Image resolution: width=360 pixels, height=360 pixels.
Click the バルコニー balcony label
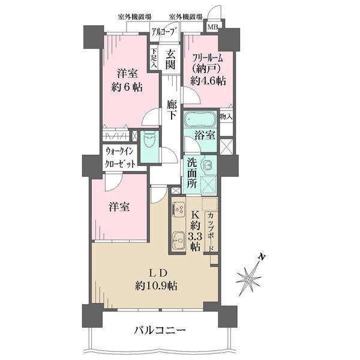159,330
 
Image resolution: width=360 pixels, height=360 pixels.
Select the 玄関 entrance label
170,60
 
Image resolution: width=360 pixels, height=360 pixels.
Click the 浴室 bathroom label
205,135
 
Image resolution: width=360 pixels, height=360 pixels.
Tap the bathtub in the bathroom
200,116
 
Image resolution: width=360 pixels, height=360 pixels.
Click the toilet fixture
150,141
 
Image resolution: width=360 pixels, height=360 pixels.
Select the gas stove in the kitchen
179,209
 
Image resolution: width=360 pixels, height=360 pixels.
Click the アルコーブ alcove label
163,31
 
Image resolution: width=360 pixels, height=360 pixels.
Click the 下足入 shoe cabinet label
154,59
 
